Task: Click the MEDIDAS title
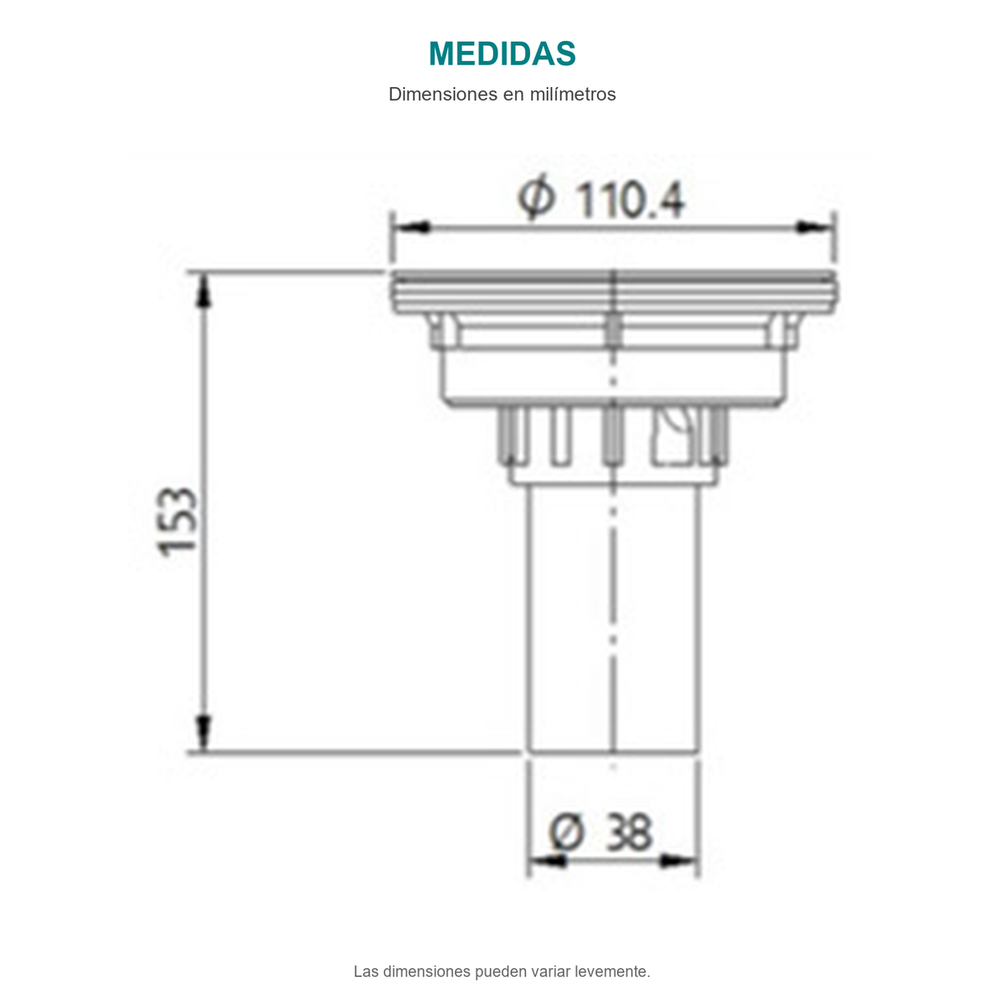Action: coord(502,54)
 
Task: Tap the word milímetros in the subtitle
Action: coord(573,95)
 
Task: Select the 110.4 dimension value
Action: coord(631,200)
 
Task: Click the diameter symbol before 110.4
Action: coord(536,197)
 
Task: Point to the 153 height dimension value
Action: coord(178,522)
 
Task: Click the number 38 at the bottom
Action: coord(630,832)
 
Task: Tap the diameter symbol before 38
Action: coord(566,832)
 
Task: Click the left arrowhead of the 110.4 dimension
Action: coord(411,228)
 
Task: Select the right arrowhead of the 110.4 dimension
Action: coord(815,228)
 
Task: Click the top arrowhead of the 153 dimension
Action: coord(204,291)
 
